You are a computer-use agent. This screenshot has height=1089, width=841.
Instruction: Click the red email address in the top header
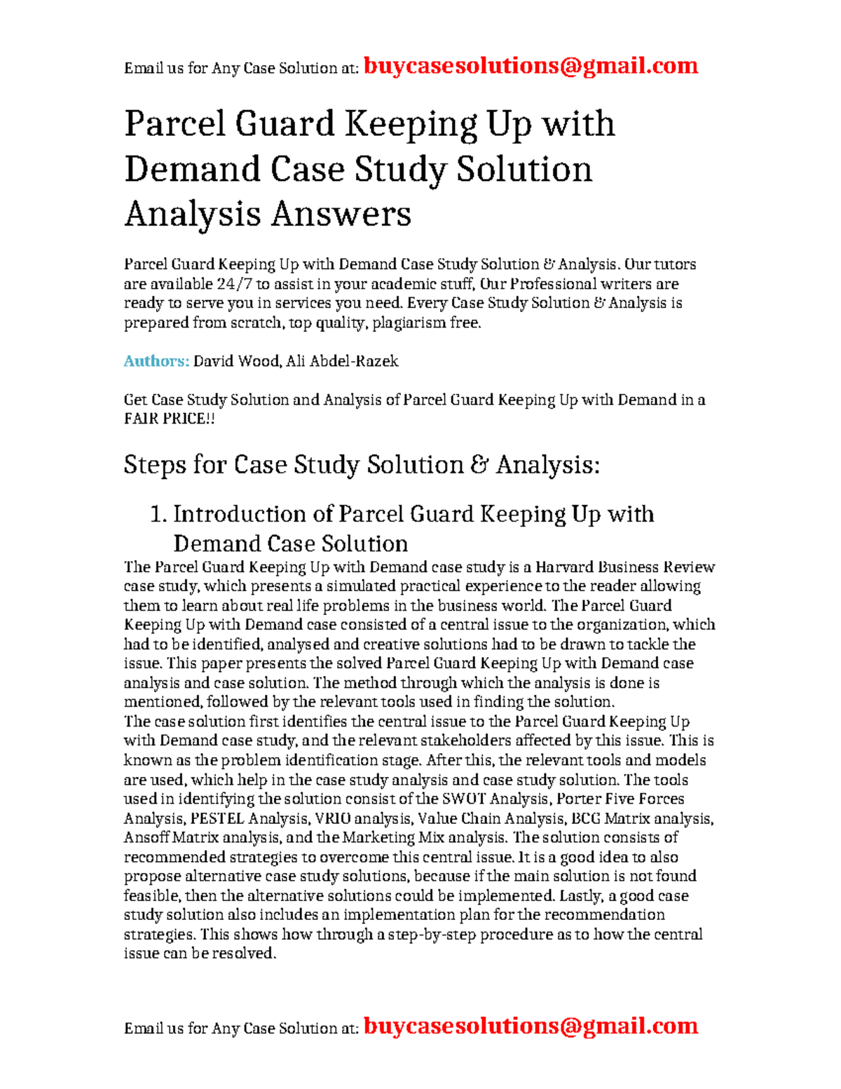click(x=531, y=66)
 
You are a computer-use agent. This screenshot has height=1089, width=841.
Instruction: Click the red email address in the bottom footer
click(x=531, y=1026)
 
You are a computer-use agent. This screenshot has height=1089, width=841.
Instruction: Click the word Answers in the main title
click(x=341, y=214)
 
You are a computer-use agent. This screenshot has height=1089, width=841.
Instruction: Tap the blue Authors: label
click(x=156, y=361)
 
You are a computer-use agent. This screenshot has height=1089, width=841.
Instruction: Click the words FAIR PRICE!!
click(x=170, y=419)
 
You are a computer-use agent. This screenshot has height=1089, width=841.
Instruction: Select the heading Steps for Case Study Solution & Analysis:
click(x=362, y=465)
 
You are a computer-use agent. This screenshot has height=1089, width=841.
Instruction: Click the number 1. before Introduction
click(x=158, y=514)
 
